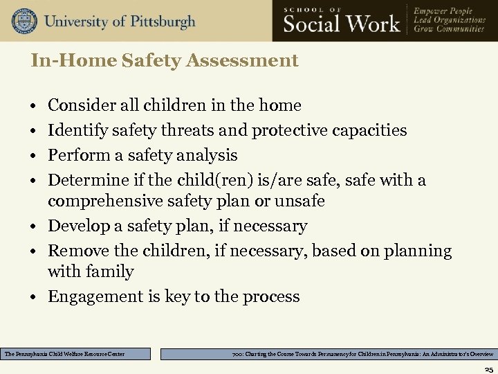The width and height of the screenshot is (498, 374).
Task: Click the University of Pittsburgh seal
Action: pos(24,21)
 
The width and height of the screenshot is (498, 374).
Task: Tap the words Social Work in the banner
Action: pos(342,24)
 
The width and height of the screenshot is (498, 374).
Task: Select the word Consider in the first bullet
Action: pos(77,106)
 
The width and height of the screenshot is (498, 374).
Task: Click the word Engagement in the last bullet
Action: pos(95,297)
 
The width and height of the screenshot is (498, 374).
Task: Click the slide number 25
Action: pos(488,369)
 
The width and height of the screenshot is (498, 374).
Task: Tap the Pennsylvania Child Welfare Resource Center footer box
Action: pos(75,354)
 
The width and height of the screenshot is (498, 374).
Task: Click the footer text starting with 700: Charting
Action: pos(362,354)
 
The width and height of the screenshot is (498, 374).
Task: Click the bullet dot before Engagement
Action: pos(33,297)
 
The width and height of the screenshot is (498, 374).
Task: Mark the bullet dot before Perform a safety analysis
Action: pos(33,155)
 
